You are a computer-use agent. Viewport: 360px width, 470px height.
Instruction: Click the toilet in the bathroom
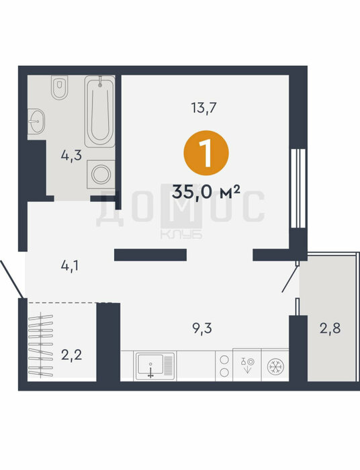pos(59,87)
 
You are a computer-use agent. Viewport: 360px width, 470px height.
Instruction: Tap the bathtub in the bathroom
pos(100,111)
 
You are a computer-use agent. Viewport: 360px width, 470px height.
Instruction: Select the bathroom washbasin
pos(36,121)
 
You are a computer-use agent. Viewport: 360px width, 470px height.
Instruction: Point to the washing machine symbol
pos(101,174)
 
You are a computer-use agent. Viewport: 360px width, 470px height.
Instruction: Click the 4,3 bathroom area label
pos(71,156)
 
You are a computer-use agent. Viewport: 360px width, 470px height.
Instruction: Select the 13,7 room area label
pos(204,107)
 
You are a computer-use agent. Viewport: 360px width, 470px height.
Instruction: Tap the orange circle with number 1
pos(206,153)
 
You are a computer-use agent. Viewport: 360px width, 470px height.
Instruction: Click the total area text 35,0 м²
pos(206,191)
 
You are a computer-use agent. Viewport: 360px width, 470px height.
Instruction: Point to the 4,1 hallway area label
pos(70,266)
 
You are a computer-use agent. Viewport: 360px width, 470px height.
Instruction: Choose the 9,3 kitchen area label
pos(202,328)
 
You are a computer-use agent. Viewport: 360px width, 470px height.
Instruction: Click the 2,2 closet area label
pos(71,355)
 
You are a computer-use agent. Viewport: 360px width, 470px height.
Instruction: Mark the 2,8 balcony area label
pos(330,328)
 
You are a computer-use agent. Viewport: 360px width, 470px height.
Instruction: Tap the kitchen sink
pos(155,366)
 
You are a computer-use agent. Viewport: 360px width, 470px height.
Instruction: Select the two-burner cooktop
pos(224,366)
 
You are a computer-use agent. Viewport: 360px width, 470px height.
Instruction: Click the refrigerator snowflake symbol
pos(275,367)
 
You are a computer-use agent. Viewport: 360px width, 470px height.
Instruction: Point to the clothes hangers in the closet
pos(40,344)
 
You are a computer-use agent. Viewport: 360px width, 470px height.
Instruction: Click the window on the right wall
pos(298,189)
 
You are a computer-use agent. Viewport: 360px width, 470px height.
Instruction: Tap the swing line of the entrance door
pos(11,279)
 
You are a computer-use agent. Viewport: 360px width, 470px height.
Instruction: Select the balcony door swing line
pos(289,279)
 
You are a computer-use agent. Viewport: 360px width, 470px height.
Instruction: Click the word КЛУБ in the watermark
pos(181,234)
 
